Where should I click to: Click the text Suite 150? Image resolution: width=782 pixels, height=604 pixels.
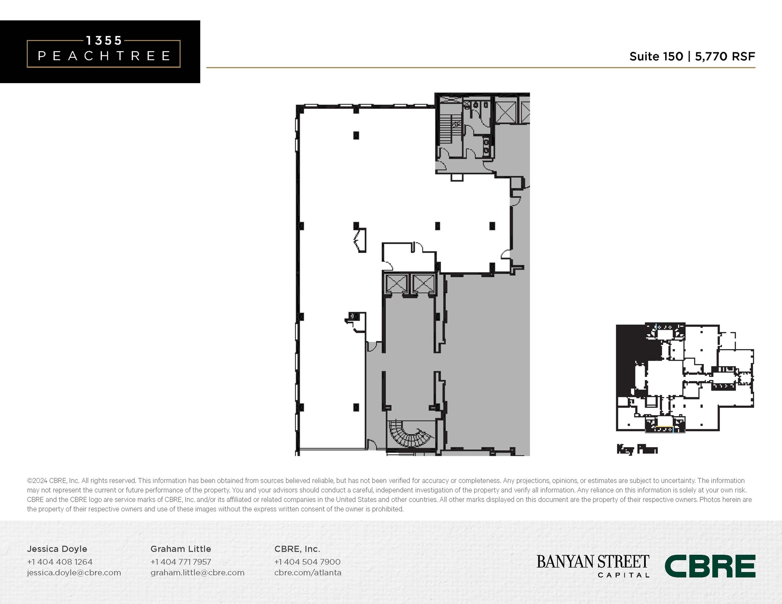[656, 56]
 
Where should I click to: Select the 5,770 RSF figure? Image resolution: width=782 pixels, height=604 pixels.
[725, 56]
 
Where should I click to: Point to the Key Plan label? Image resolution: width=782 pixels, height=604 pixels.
[637, 449]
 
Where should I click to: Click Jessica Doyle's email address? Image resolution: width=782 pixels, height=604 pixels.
[74, 572]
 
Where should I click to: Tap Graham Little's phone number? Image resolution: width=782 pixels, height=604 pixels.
[181, 562]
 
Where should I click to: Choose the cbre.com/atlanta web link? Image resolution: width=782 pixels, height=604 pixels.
[308, 572]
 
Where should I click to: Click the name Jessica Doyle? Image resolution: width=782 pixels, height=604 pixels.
[57, 549]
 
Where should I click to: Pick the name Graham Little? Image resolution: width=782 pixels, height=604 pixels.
[181, 549]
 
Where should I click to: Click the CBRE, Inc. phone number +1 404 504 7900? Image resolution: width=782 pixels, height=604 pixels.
[307, 562]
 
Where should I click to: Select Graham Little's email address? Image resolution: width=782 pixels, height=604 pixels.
[197, 572]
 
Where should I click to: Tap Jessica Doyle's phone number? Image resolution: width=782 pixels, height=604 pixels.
[60, 562]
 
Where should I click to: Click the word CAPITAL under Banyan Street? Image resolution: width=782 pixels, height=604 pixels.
[623, 575]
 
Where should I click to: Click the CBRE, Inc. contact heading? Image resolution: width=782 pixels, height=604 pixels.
[297, 549]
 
